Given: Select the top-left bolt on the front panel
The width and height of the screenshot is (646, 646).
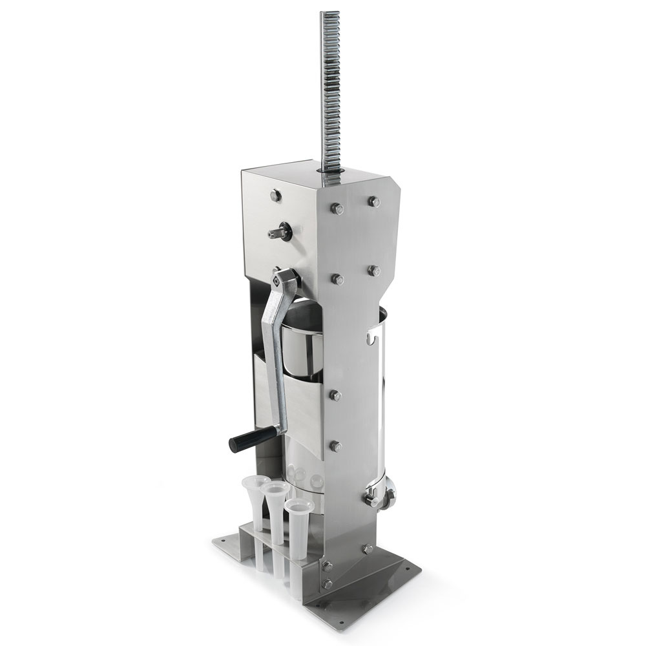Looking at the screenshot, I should pyautogui.click(x=337, y=208).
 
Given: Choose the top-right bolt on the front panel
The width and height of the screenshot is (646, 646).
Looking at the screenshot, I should pyautogui.click(x=373, y=202).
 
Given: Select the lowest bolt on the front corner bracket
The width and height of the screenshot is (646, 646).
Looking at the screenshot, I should pyautogui.click(x=328, y=583).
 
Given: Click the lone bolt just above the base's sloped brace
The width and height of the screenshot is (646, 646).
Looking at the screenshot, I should pyautogui.click(x=368, y=549).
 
